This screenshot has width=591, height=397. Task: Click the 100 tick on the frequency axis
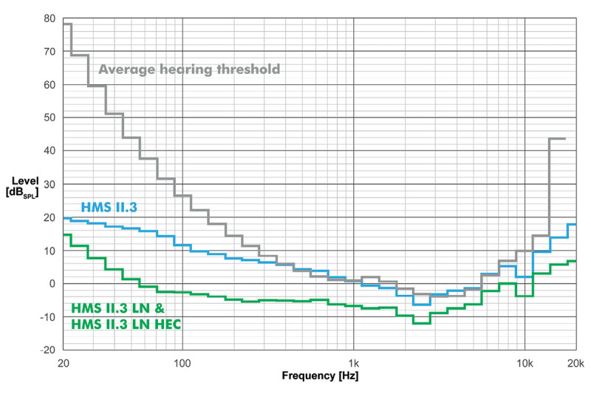(x=182, y=363)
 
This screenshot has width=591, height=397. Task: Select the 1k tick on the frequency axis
(x=353, y=363)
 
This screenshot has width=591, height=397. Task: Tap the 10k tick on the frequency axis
(x=525, y=363)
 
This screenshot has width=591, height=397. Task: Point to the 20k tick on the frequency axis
(x=575, y=363)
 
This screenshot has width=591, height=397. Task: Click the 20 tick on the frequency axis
(x=64, y=363)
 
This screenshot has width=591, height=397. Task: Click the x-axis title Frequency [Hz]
(x=320, y=376)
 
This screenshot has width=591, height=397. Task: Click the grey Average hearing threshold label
(x=189, y=70)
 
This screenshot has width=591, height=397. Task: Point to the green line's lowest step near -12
(x=421, y=323)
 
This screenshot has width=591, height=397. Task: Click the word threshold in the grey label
(x=250, y=70)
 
